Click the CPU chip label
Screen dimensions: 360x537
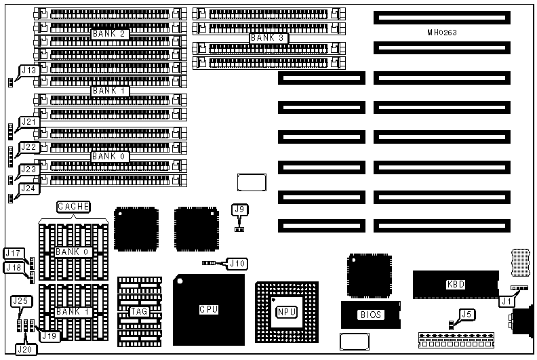(x=208, y=310)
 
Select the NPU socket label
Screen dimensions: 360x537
(x=286, y=313)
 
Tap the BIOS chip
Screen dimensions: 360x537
(x=370, y=315)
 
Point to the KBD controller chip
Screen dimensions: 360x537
(x=456, y=285)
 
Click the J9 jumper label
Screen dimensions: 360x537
(x=239, y=210)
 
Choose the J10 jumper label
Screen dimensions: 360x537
(x=237, y=263)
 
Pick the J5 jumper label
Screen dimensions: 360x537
(x=465, y=314)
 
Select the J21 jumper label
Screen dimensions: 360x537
(x=28, y=122)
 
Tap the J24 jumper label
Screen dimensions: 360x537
(x=28, y=188)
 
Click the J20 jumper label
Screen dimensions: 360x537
(x=24, y=349)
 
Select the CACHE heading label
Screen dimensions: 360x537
(x=73, y=206)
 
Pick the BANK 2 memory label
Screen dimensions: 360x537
(x=111, y=34)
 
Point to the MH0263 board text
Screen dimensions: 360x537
(x=441, y=33)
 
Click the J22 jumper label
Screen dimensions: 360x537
(x=28, y=147)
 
